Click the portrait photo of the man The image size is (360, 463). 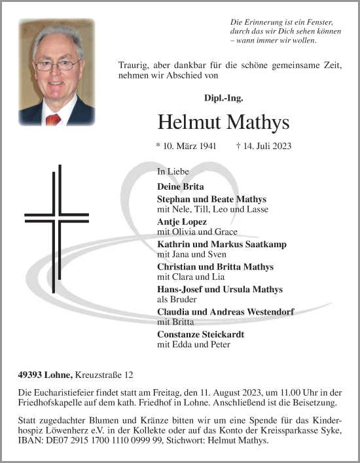pos(56,72)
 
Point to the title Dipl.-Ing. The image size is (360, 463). pos(223,98)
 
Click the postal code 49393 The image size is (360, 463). pos(31,375)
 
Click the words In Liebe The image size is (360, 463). pos(173,171)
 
